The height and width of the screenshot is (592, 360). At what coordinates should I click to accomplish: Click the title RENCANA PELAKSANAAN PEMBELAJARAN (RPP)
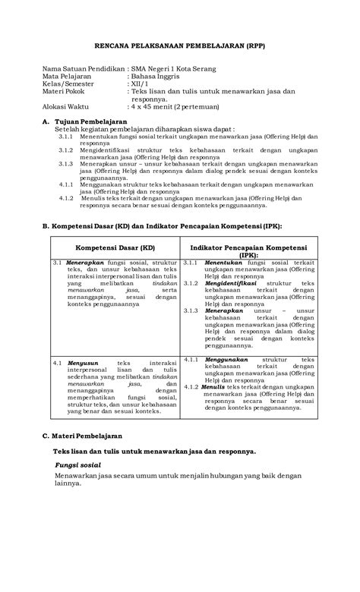click(x=180, y=45)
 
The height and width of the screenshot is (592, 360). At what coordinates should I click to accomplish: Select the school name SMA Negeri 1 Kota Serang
click(x=173, y=69)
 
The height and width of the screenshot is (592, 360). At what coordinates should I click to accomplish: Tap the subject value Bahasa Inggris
click(x=158, y=77)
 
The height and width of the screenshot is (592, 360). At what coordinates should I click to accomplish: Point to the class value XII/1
click(x=142, y=85)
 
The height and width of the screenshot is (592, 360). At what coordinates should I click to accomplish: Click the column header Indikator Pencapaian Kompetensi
click(x=248, y=248)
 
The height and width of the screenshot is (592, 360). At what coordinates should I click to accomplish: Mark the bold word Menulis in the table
click(x=214, y=386)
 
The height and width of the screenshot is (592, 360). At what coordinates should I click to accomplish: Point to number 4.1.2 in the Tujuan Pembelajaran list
click(x=66, y=197)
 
